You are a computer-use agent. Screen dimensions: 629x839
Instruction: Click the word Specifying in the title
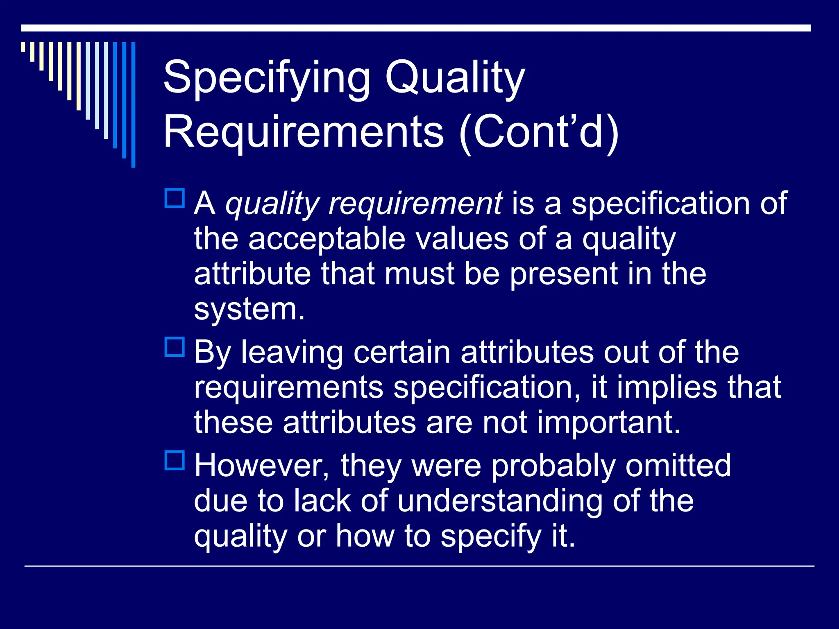266,78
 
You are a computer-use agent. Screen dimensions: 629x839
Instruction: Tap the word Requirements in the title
304,132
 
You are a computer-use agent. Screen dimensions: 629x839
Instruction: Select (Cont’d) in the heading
539,132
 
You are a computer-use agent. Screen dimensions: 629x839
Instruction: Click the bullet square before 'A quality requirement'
175,198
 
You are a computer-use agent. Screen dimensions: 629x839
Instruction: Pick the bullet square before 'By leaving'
175,347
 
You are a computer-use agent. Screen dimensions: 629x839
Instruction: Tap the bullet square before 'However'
175,460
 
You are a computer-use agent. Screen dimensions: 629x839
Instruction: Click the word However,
262,466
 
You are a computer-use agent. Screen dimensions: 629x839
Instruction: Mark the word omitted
678,466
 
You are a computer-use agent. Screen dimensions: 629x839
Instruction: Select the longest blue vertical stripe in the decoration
133,104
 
